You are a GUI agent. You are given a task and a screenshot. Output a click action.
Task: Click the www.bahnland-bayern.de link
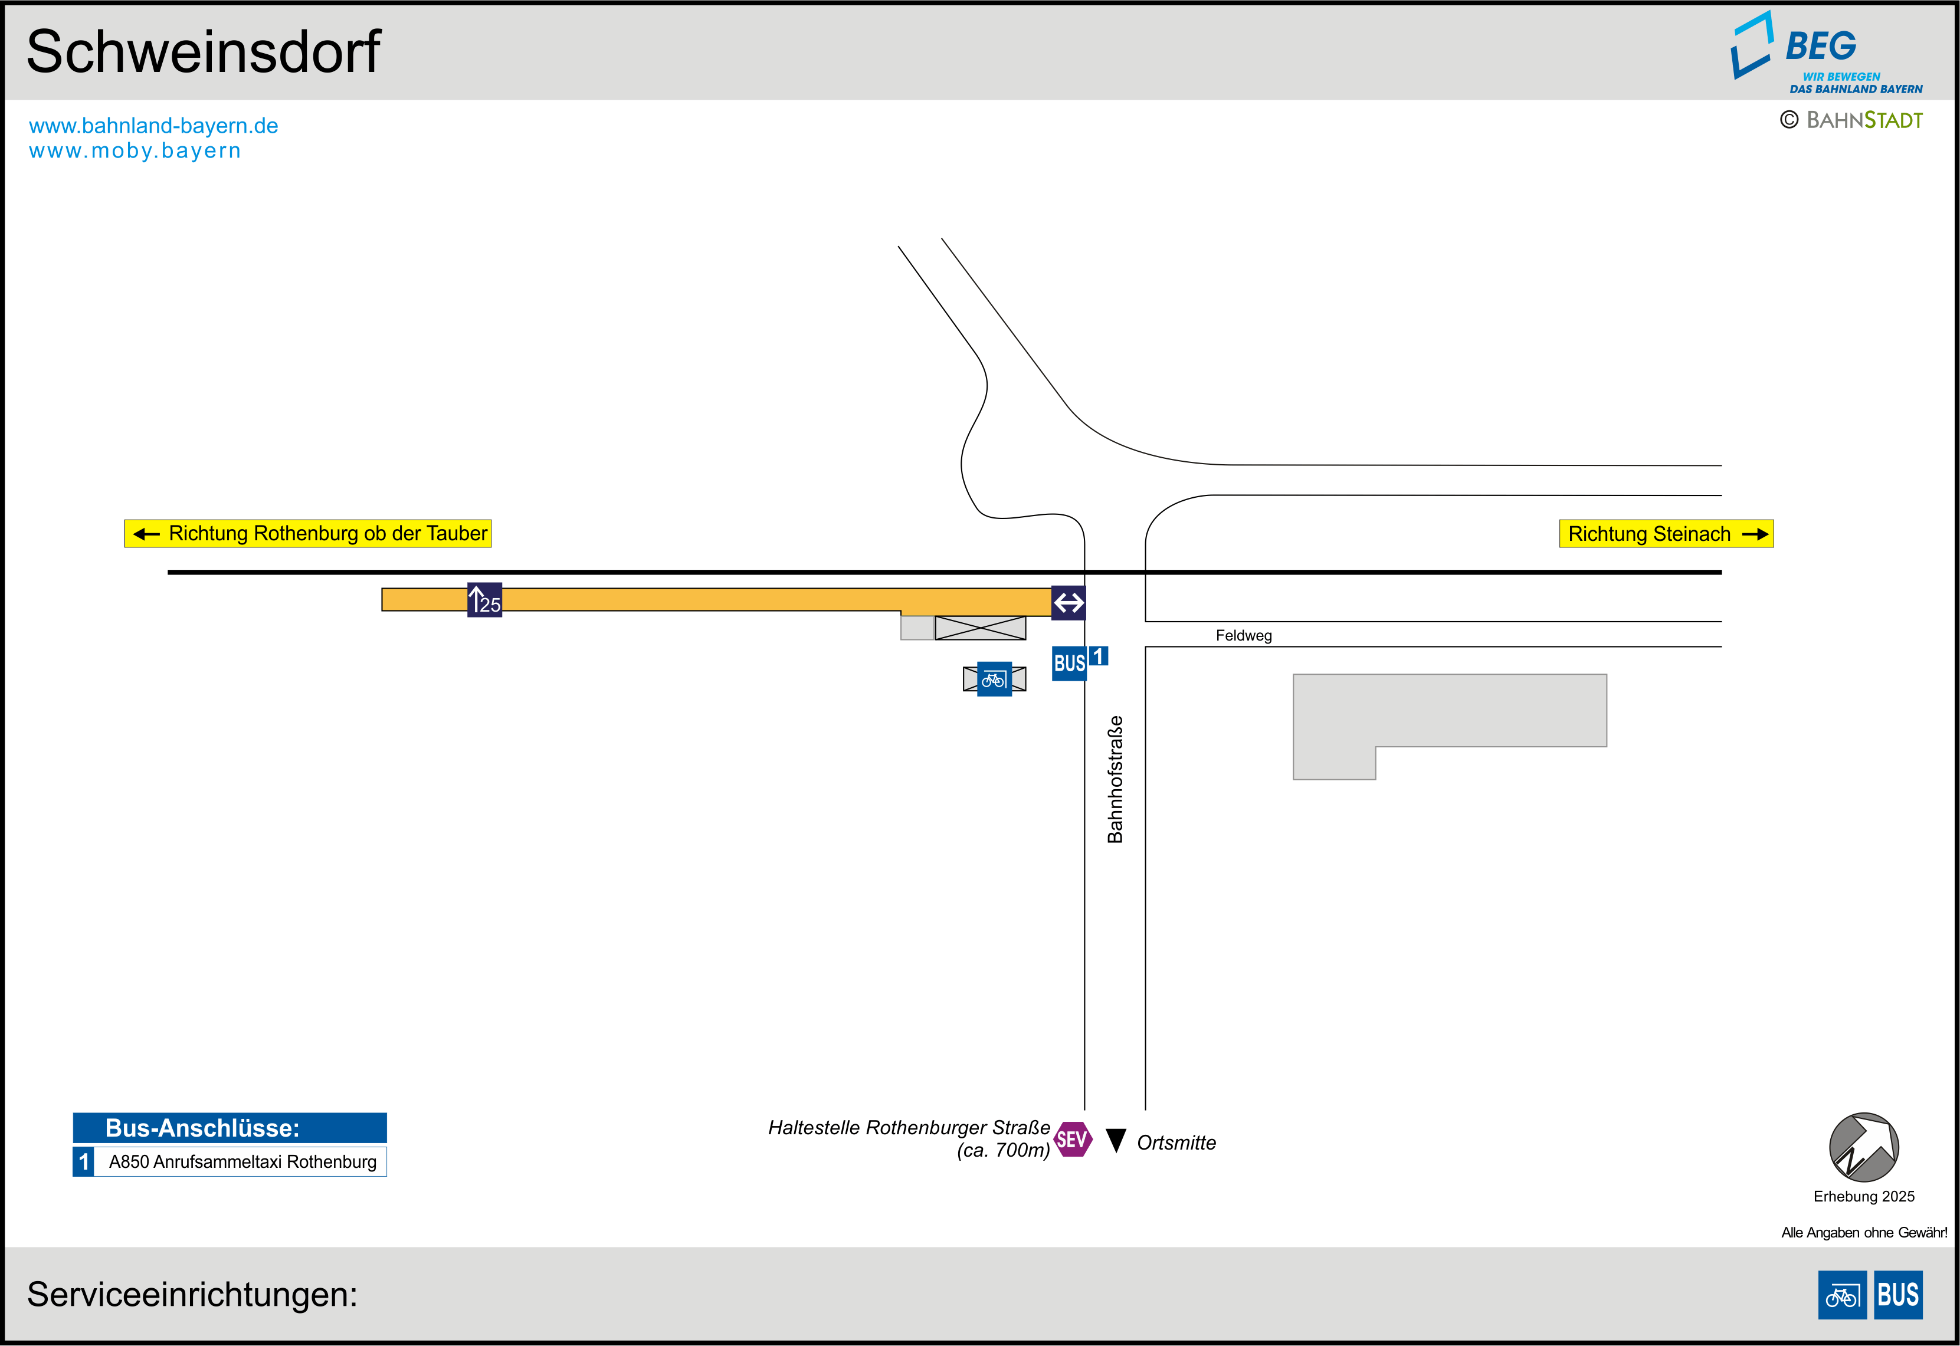tap(153, 126)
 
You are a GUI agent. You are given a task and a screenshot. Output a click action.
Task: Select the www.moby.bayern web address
tap(135, 151)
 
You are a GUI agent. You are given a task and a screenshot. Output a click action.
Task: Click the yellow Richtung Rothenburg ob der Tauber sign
tap(308, 534)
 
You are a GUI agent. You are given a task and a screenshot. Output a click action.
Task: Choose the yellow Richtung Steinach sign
tap(1666, 534)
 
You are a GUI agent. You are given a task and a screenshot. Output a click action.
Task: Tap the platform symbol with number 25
tap(485, 600)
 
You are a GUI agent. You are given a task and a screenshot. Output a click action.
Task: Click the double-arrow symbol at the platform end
tap(1069, 602)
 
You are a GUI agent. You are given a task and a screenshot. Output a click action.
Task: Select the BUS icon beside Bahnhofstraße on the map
tap(1070, 664)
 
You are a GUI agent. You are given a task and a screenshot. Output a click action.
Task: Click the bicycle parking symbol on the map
tap(994, 679)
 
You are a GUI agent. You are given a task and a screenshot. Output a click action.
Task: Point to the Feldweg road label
tap(1243, 636)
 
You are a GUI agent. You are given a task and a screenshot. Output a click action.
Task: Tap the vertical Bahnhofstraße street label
tap(1115, 779)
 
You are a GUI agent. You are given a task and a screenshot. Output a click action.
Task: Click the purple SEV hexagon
tap(1073, 1140)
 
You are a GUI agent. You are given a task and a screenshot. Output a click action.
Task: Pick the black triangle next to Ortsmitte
tap(1116, 1140)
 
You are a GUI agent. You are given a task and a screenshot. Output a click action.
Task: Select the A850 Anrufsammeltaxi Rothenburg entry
tap(242, 1161)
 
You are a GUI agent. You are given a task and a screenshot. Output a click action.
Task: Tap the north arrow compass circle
tap(1864, 1147)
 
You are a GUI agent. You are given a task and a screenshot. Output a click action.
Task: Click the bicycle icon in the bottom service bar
tap(1842, 1295)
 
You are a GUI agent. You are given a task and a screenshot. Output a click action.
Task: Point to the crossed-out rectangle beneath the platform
tap(980, 628)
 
